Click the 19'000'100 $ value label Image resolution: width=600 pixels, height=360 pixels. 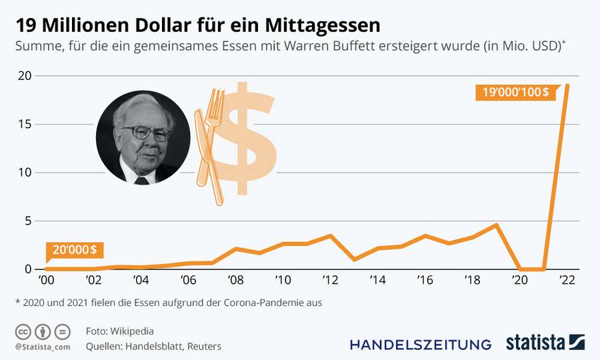(x=513, y=92)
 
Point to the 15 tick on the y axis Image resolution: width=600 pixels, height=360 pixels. (x=25, y=124)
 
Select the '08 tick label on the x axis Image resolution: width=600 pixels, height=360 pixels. (x=235, y=280)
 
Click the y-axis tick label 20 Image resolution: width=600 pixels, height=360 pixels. (x=25, y=76)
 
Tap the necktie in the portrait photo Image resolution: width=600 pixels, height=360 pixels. (x=142, y=180)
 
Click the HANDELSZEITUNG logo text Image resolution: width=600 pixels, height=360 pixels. (x=421, y=345)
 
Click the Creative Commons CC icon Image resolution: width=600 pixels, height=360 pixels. (x=23, y=331)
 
